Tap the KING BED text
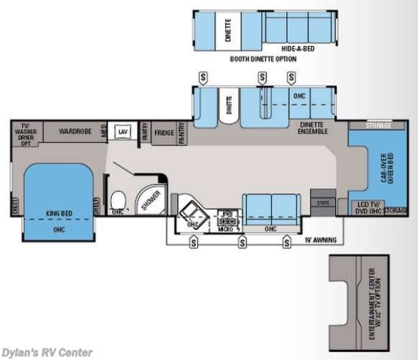60,214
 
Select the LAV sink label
123,131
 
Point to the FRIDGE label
163,132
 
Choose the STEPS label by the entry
322,204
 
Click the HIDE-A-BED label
296,48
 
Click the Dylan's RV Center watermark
47,352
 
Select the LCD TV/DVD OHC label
368,209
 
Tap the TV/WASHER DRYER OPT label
27,132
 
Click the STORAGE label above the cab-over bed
378,126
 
